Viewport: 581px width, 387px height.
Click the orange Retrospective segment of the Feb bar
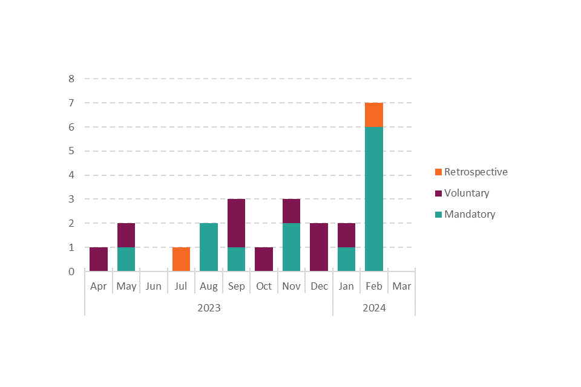pyautogui.click(x=374, y=115)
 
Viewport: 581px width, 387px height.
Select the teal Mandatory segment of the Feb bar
pyautogui.click(x=374, y=199)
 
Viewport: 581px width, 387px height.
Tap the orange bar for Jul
pyautogui.click(x=181, y=259)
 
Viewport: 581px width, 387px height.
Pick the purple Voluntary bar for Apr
pyautogui.click(x=99, y=259)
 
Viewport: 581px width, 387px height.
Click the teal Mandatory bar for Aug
pyautogui.click(x=209, y=247)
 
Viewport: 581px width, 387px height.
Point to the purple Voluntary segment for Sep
pyautogui.click(x=236, y=223)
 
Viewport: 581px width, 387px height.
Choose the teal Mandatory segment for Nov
pyautogui.click(x=291, y=247)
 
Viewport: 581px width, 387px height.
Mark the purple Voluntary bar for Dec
pyautogui.click(x=319, y=247)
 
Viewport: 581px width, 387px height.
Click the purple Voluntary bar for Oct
pyautogui.click(x=264, y=259)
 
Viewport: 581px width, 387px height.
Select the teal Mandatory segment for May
pyautogui.click(x=126, y=259)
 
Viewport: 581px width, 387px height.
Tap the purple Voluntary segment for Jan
pyautogui.click(x=346, y=235)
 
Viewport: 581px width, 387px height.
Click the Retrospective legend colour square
pyautogui.click(x=438, y=172)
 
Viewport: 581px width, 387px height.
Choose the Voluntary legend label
pyautogui.click(x=467, y=193)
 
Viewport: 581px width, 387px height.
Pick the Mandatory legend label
pyautogui.click(x=470, y=214)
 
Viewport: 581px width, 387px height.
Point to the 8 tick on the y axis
pyautogui.click(x=71, y=79)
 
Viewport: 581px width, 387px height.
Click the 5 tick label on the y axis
pyautogui.click(x=71, y=151)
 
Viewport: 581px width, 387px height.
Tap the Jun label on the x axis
pyautogui.click(x=154, y=287)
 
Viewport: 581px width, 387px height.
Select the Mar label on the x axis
pyautogui.click(x=401, y=287)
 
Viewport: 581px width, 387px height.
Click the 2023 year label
pyautogui.click(x=209, y=308)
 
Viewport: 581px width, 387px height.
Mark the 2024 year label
pyautogui.click(x=374, y=308)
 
